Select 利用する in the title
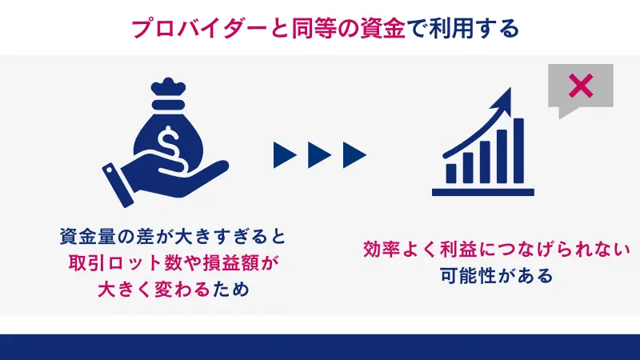point(475,28)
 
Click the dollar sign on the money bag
point(170,144)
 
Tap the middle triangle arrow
point(320,154)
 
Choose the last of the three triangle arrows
point(354,154)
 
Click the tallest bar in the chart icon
point(518,150)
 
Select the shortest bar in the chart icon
point(452,172)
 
